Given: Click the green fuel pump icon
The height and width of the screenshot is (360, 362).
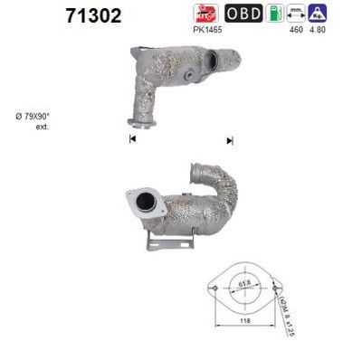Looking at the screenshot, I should click(273, 14).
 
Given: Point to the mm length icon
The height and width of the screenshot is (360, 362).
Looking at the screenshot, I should click(295, 14).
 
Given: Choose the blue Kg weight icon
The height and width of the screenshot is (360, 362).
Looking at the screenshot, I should click(318, 14).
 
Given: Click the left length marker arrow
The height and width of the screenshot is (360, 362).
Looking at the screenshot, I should click(132, 138).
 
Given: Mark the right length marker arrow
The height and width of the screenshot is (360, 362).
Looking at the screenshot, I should click(230, 140).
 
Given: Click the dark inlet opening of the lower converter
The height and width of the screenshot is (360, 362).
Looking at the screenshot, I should click(142, 202).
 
